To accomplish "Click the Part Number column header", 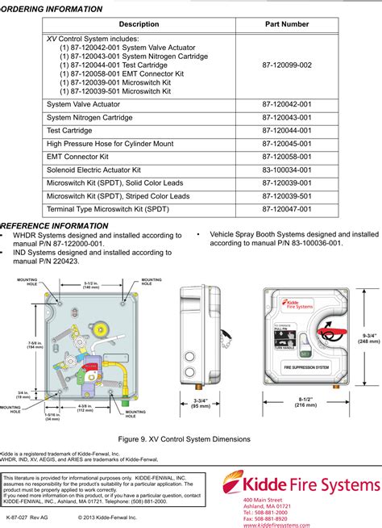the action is [x=286, y=24].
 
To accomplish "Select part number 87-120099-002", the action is [x=286, y=65].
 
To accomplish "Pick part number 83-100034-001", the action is [x=286, y=170].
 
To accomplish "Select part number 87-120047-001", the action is [x=286, y=209].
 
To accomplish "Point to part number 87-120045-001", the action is [x=286, y=143].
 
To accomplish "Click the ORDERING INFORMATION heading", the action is [x=52, y=9].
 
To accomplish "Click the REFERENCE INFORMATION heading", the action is [x=55, y=226].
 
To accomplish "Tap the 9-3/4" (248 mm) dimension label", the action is [x=369, y=338].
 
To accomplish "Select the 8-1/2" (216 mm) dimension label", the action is [x=305, y=402].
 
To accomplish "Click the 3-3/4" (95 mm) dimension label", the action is [x=201, y=402].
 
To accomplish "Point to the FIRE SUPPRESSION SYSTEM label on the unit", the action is [x=305, y=367].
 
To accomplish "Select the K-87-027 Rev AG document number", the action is [x=27, y=515].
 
